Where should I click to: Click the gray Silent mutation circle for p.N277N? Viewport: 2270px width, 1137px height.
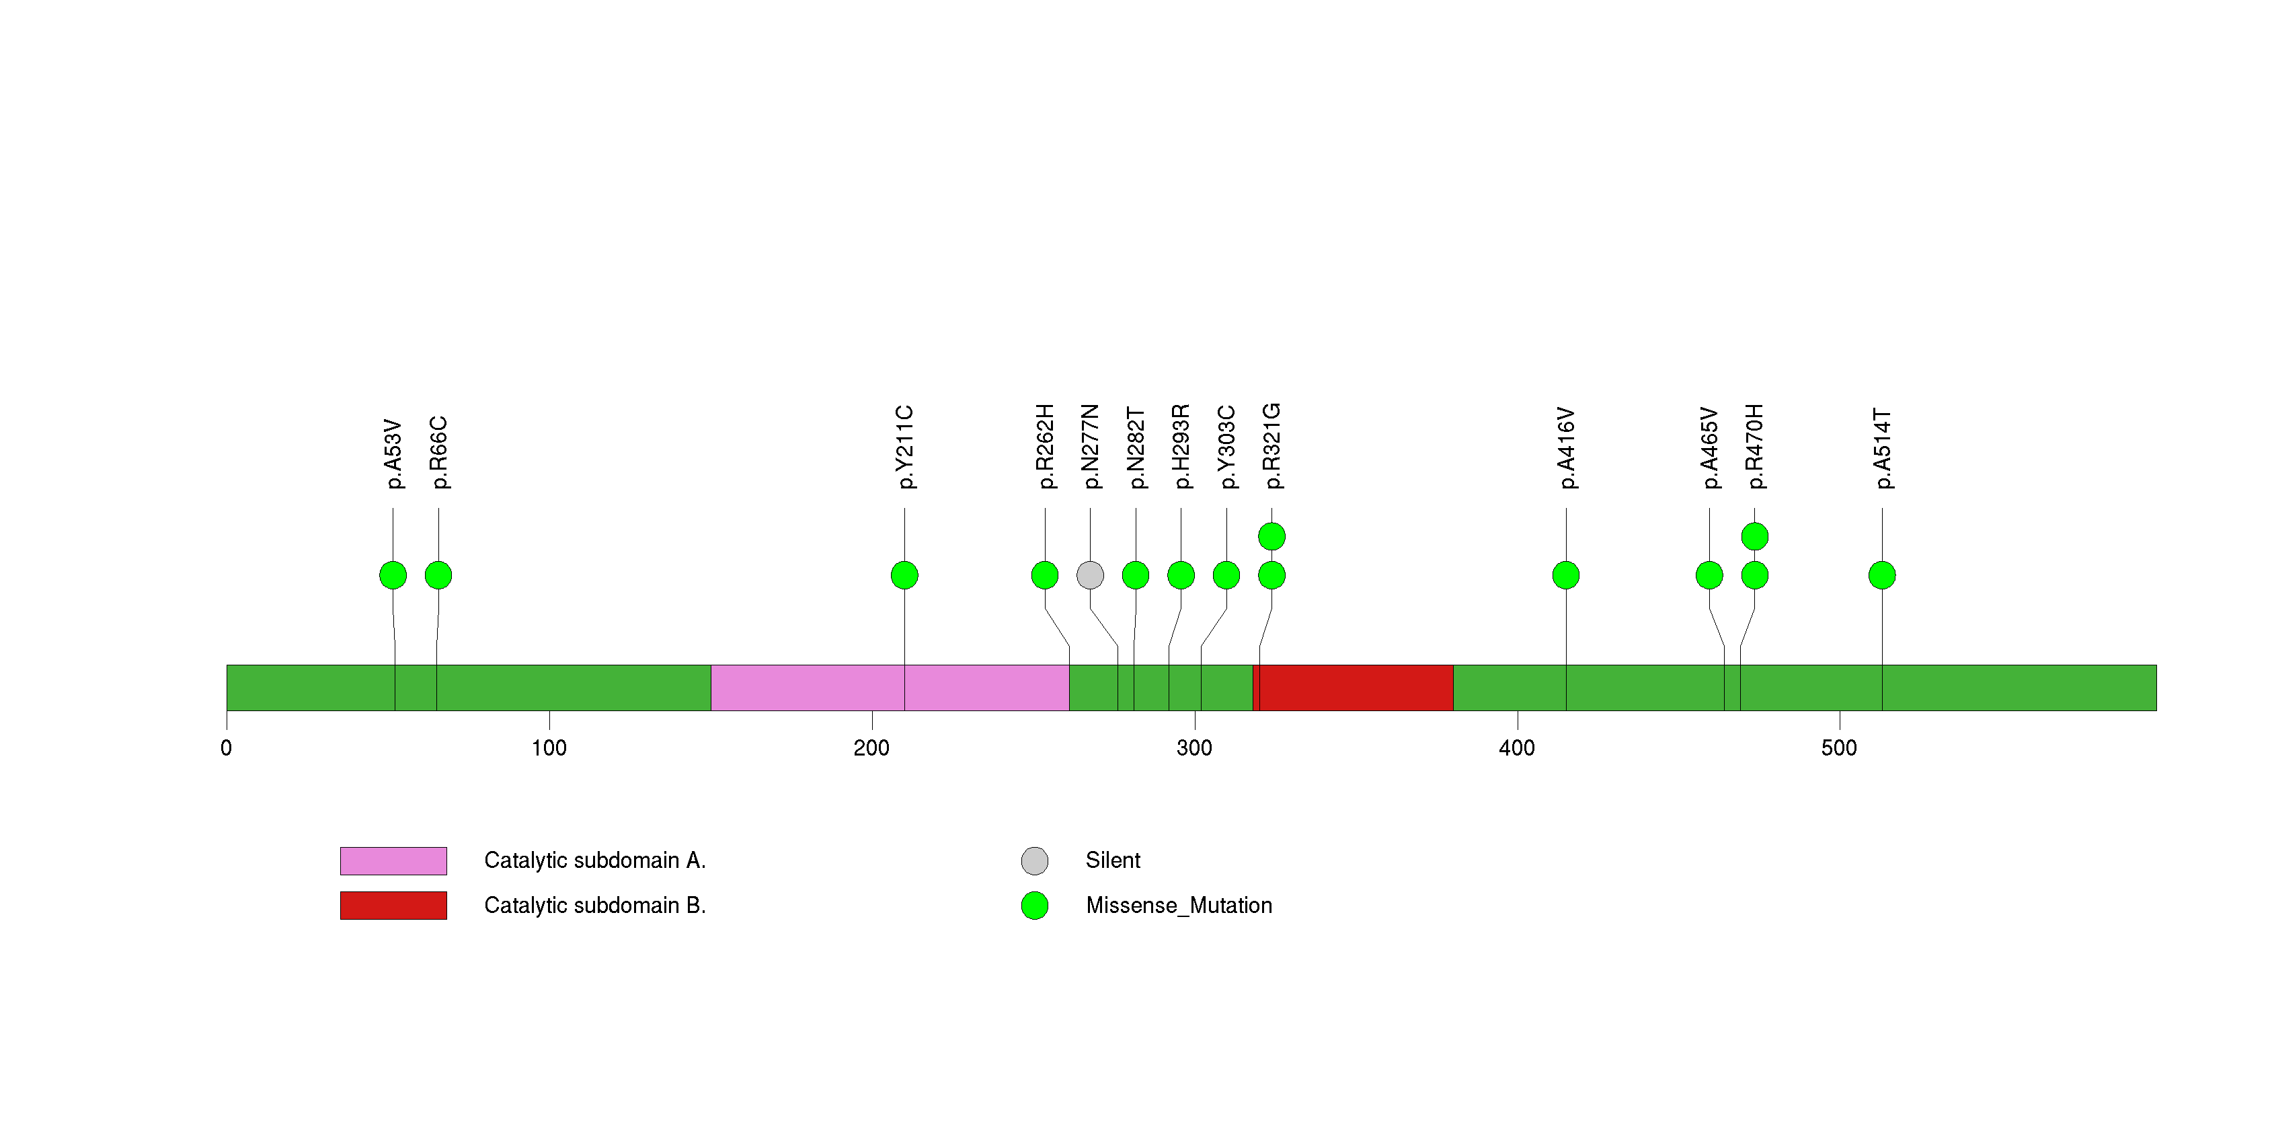[x=1090, y=575]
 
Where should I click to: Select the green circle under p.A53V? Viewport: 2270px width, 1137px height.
[x=393, y=575]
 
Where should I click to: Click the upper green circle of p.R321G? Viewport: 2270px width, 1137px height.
[x=1271, y=536]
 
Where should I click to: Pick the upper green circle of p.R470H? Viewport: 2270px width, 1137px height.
[x=1754, y=536]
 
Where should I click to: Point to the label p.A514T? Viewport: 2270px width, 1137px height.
[x=1882, y=448]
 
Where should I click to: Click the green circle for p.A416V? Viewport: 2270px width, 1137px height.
[x=1566, y=575]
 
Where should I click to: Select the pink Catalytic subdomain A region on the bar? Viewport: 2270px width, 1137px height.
[x=890, y=688]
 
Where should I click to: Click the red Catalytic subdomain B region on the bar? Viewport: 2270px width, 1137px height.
[x=1353, y=688]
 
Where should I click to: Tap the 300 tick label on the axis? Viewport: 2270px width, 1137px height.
[x=1194, y=748]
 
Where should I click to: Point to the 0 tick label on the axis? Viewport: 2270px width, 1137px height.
[x=227, y=748]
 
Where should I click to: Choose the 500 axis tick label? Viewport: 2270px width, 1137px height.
[x=1839, y=748]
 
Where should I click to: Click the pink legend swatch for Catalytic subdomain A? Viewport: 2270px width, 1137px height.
[x=393, y=860]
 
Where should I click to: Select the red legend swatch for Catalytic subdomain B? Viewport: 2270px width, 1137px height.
[x=393, y=905]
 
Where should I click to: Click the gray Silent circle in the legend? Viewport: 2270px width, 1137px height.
[x=1035, y=860]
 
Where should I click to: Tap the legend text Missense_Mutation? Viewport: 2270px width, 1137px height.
[x=1178, y=905]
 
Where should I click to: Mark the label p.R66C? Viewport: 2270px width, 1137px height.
[x=439, y=452]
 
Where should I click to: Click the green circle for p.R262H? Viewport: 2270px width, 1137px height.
[x=1045, y=575]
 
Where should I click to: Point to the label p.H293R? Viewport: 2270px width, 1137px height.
[x=1181, y=446]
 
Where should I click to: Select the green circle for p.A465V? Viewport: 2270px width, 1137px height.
[x=1709, y=575]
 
